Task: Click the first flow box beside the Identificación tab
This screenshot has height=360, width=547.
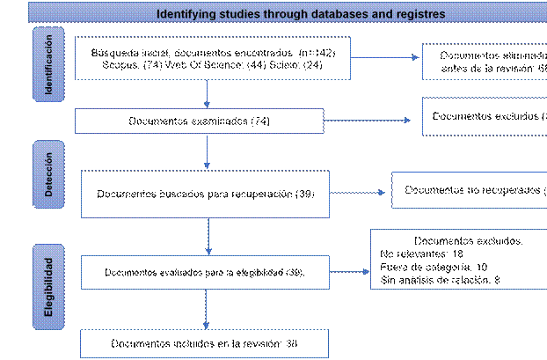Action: click(x=212, y=58)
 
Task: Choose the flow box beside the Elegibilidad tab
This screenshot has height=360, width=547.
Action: click(x=205, y=273)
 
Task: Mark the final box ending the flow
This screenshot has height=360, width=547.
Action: click(x=205, y=342)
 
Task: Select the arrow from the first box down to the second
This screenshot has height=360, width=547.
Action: click(x=207, y=94)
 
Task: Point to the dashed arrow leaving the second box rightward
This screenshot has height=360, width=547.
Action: click(x=368, y=121)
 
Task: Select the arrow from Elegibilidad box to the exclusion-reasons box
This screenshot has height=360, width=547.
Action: click(x=349, y=272)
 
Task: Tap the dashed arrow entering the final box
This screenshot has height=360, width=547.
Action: click(x=207, y=309)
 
